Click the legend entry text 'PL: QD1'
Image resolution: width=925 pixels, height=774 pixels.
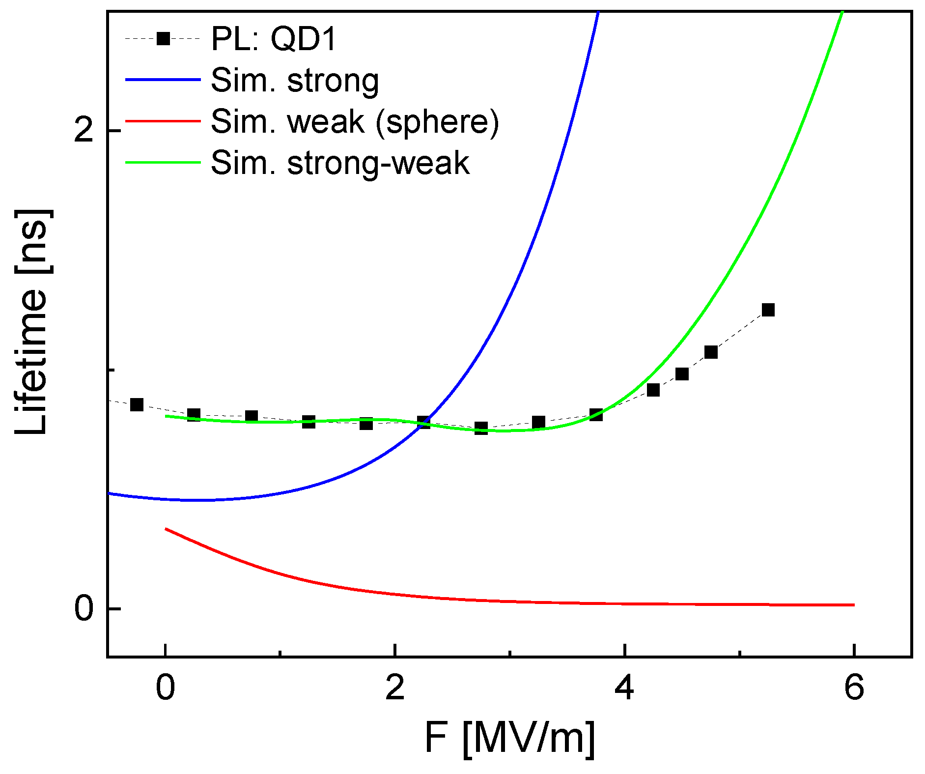(x=273, y=39)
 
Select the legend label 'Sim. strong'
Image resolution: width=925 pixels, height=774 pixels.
(x=295, y=80)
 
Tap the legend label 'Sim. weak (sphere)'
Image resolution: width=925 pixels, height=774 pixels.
(x=355, y=121)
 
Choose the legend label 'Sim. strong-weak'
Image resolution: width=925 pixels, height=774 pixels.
(x=340, y=163)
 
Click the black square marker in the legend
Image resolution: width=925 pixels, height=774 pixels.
(x=163, y=38)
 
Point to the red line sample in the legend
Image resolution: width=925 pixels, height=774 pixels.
(x=163, y=121)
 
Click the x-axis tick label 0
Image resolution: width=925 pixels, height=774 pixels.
(x=166, y=688)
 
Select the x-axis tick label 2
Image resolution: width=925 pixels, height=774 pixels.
(x=395, y=688)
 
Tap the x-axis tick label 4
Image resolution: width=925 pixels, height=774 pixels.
(x=624, y=688)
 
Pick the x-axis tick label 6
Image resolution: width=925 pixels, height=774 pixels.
(x=854, y=688)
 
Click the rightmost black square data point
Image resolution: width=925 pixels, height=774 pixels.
(x=768, y=310)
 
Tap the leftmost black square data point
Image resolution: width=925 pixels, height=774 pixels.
(x=137, y=405)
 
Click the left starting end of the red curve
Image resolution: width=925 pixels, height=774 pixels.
(x=166, y=529)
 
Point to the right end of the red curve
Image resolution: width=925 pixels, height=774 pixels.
(x=854, y=605)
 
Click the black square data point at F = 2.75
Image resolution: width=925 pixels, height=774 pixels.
(x=481, y=428)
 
